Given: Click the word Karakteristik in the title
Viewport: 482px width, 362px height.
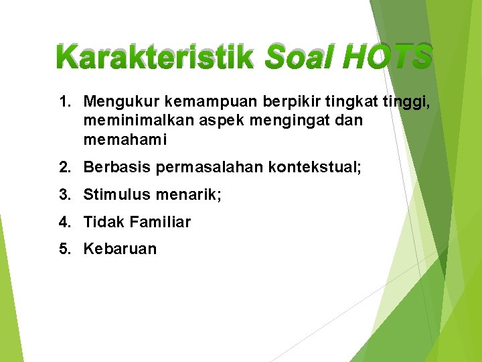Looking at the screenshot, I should point(155,58).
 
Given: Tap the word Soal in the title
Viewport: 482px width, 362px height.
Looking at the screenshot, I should point(299,58).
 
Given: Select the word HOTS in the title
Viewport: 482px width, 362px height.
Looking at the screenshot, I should point(387,58).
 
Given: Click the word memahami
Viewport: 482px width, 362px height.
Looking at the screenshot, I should point(125,140).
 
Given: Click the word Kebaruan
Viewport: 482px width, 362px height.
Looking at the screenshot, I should point(120,249).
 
